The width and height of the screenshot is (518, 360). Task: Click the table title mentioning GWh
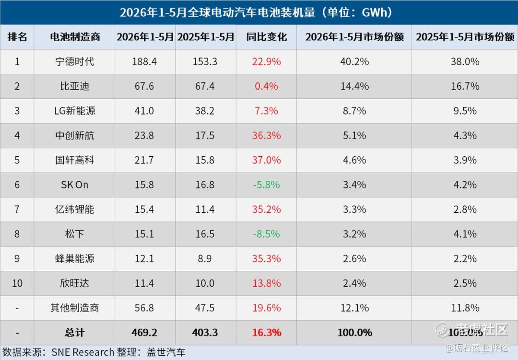coord(256,12)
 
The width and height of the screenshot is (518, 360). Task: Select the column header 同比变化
coord(267,37)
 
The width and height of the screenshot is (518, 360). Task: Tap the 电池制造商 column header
coord(75,37)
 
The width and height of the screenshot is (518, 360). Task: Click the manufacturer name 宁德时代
coord(75,61)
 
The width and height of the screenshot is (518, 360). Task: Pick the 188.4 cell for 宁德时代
coord(144,61)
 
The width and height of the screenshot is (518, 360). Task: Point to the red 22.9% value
coord(267,61)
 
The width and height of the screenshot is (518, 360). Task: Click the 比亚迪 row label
coord(75,86)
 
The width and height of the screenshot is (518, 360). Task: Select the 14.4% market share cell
coord(354,86)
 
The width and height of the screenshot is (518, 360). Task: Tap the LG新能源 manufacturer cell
coord(75,111)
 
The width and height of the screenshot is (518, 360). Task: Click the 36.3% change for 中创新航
coord(267,135)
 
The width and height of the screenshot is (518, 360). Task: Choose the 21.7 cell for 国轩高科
coord(144,160)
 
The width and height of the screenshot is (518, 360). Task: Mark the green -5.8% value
coord(267,185)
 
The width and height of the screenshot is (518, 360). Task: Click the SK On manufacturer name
coord(75,185)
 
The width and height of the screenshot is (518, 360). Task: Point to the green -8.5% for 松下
coord(267,234)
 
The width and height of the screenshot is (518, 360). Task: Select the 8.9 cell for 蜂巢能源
coord(205,258)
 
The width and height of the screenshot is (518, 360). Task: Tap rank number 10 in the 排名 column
coord(17,283)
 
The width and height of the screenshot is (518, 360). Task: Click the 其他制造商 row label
coord(75,308)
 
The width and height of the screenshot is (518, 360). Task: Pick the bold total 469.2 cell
coord(144,333)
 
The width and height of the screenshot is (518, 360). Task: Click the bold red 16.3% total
coord(267,333)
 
